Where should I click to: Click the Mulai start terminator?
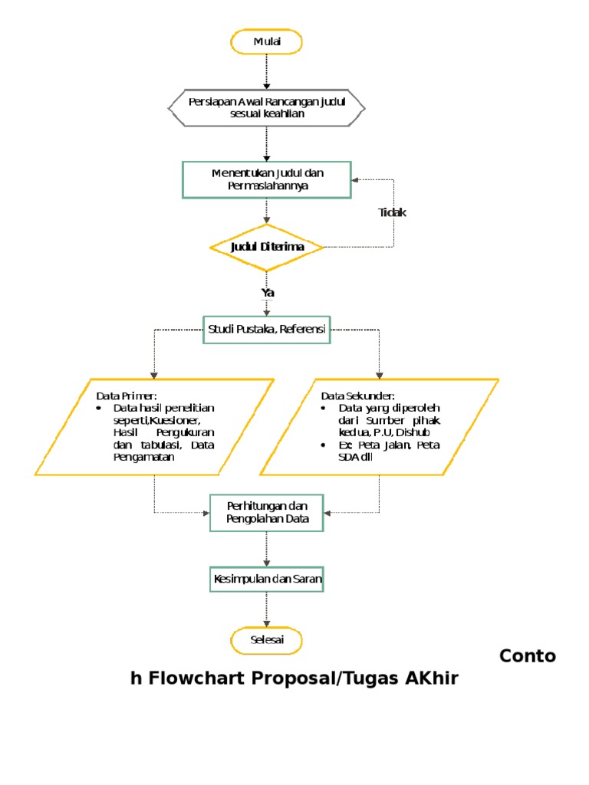click(x=267, y=42)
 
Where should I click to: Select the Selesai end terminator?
click(x=267, y=640)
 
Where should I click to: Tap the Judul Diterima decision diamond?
click(x=267, y=247)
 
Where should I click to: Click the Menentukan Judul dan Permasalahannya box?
click(x=267, y=179)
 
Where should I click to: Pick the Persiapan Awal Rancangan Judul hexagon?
click(x=267, y=107)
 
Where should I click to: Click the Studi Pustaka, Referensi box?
click(x=267, y=330)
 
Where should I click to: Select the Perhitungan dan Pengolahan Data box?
click(x=267, y=512)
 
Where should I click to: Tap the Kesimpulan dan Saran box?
click(x=267, y=580)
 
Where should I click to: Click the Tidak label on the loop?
click(x=392, y=212)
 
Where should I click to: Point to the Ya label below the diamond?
click(x=268, y=292)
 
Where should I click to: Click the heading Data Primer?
click(x=126, y=396)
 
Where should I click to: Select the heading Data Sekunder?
click(x=358, y=396)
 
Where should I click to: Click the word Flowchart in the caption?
click(x=192, y=678)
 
